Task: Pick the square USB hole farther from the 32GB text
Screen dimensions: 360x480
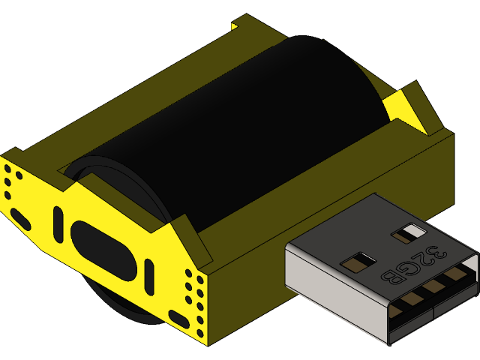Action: point(358,262)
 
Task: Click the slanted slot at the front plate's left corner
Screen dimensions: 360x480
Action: point(20,220)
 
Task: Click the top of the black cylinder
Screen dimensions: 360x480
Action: point(247,82)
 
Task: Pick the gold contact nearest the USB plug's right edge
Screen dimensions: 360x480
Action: point(455,277)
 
